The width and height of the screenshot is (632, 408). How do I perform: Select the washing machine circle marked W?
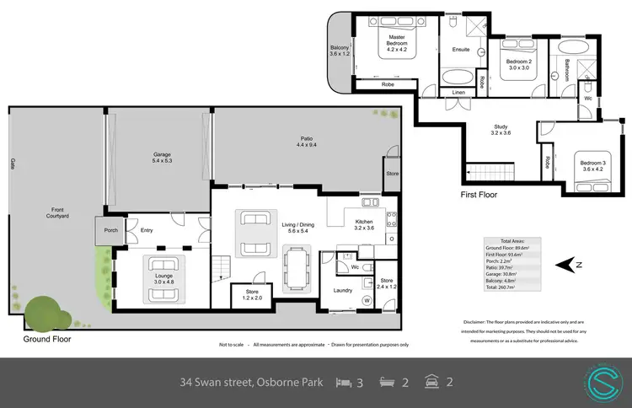point(367,299)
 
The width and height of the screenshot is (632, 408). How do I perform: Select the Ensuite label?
point(461,50)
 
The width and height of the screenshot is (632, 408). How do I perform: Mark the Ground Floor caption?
point(48,340)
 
